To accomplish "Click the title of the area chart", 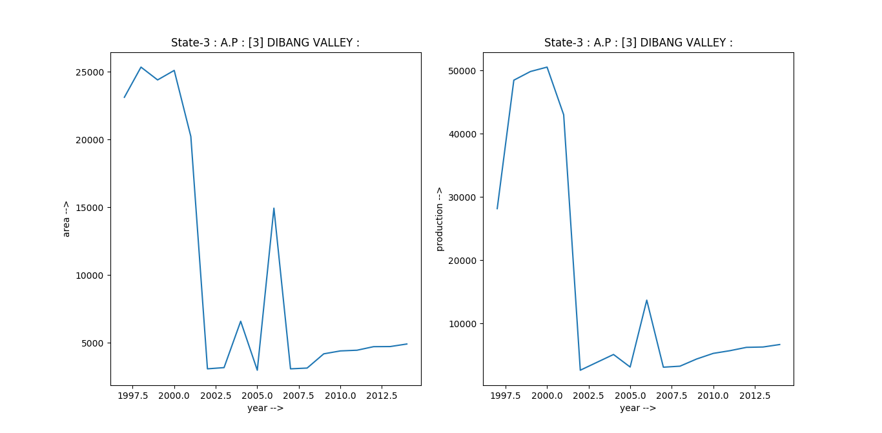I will tap(265, 43).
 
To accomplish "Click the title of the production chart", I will tap(638, 43).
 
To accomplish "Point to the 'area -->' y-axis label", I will tap(67, 219).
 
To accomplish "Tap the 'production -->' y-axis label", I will tap(440, 219).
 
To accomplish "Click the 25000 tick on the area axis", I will tap(91, 72).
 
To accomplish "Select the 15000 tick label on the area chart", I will tap(91, 208).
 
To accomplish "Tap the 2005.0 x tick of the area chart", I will tap(257, 395).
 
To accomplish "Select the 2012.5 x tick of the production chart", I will tap(763, 395).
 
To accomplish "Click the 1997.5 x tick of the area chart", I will tap(132, 395).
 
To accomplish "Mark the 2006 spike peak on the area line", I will tap(274, 208).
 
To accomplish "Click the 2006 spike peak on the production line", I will tap(646, 300).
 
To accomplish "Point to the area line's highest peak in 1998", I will tap(141, 67).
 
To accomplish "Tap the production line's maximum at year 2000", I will tap(547, 67).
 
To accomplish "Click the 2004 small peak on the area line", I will tap(240, 321).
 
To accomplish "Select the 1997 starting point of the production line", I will tap(497, 208).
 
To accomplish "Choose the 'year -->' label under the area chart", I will tap(265, 408).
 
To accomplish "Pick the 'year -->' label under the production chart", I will tap(638, 408).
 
